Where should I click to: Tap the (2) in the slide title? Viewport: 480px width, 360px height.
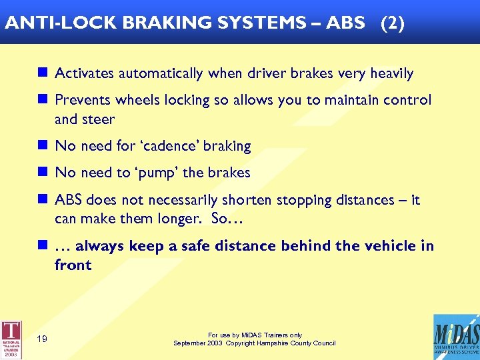coord(392,22)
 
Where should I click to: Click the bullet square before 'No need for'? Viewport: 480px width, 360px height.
coord(43,145)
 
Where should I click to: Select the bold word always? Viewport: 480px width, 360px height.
coord(100,246)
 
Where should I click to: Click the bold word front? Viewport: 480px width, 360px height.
coord(73,265)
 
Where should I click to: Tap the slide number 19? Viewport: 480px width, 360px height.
coord(42,339)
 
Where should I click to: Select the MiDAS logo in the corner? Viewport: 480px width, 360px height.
coord(456,337)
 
